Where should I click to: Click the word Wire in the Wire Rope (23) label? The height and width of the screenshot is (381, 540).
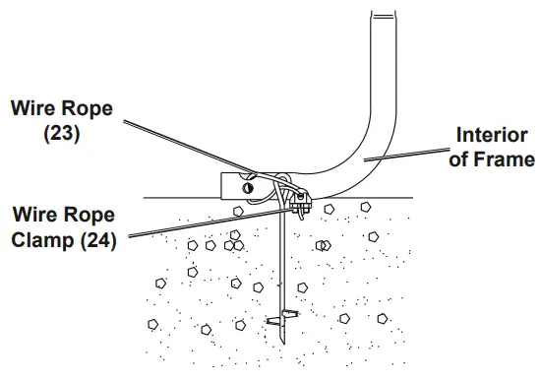(31, 108)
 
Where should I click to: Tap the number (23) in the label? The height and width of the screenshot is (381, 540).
(62, 133)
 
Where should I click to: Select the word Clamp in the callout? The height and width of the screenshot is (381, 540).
(42, 239)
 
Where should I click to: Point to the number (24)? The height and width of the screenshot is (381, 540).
(98, 240)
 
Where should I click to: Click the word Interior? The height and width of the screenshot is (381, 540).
(492, 135)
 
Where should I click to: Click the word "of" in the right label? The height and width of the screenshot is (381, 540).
(459, 159)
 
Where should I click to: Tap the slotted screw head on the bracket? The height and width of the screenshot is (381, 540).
(248, 188)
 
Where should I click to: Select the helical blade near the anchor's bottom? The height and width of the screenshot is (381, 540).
(282, 318)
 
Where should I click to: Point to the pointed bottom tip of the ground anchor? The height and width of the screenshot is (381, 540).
(283, 343)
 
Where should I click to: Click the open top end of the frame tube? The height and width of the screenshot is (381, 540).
(384, 15)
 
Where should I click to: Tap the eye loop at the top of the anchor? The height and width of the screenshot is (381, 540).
(283, 180)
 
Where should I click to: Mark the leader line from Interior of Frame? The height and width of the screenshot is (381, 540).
(407, 155)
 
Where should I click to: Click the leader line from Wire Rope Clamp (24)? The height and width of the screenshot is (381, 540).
(210, 222)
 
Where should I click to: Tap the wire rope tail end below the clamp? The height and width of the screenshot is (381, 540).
(302, 216)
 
